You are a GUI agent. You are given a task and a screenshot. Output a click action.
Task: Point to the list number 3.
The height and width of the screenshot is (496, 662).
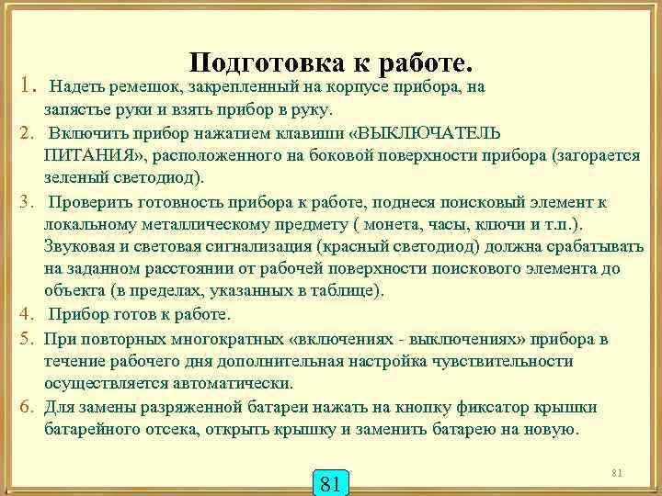click(x=28, y=201)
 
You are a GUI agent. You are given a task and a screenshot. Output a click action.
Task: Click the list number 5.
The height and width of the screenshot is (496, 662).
click(x=28, y=339)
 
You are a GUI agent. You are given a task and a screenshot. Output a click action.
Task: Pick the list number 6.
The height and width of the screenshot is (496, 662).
click(x=28, y=407)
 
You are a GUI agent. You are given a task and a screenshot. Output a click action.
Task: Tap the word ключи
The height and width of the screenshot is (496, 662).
click(x=502, y=223)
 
